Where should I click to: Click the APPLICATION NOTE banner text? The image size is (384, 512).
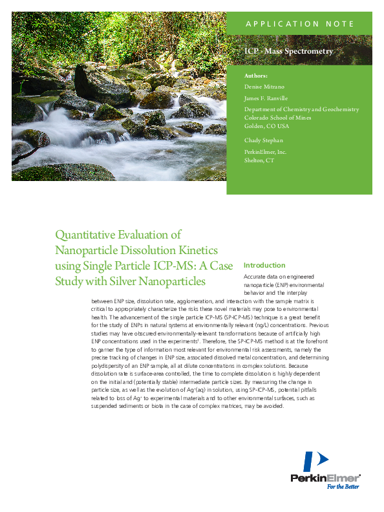[x=299, y=24]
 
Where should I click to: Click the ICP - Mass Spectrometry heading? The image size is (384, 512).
[x=289, y=51]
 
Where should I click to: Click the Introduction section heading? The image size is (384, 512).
[x=264, y=265]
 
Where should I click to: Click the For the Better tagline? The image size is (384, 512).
[x=343, y=487]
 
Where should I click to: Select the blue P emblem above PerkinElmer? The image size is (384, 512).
[x=315, y=462]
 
